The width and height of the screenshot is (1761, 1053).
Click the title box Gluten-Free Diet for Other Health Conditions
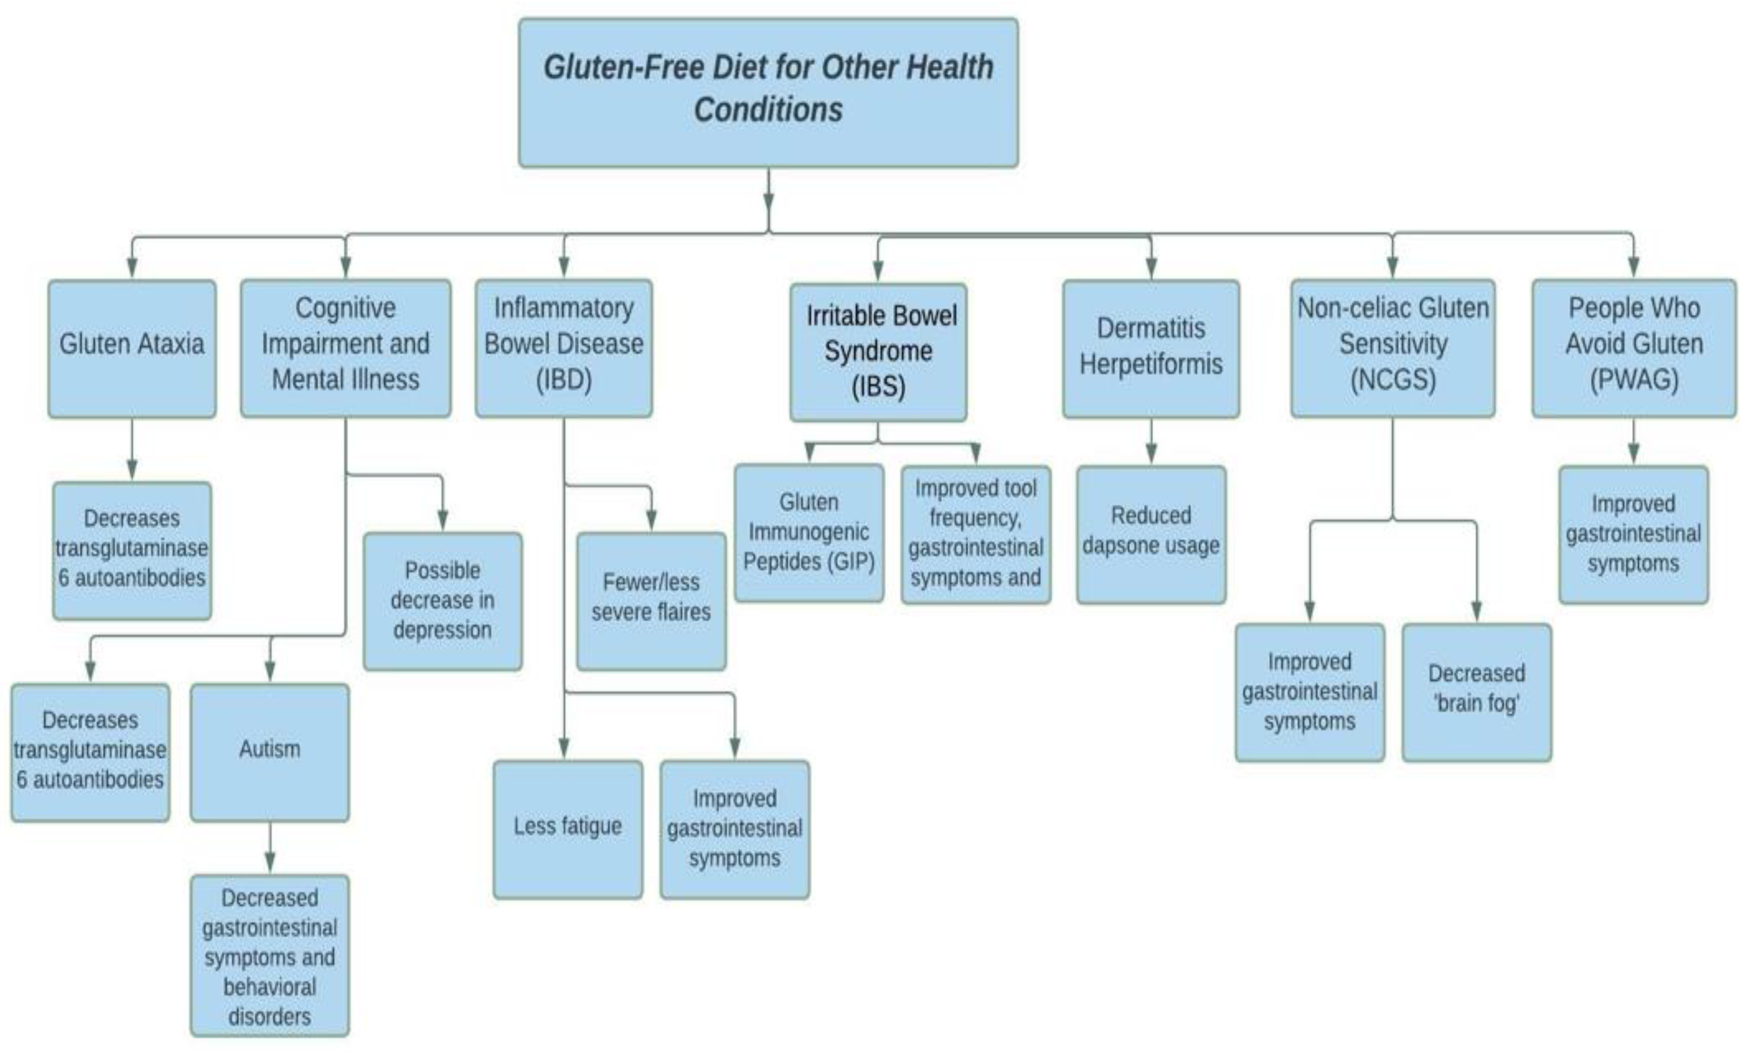click(768, 93)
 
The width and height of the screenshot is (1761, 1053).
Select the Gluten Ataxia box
click(132, 349)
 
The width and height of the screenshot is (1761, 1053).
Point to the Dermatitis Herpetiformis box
click(1151, 349)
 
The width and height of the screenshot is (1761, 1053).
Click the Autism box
click(269, 752)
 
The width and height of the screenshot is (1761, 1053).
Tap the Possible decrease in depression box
click(443, 601)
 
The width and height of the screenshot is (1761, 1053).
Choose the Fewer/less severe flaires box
click(651, 601)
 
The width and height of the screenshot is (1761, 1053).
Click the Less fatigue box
click(568, 829)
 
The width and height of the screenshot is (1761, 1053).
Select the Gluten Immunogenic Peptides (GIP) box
click(809, 533)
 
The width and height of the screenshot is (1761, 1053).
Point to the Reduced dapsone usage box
click(1151, 534)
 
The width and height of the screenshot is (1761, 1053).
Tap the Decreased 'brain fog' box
click(1477, 692)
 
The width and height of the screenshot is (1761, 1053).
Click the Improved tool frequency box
click(976, 534)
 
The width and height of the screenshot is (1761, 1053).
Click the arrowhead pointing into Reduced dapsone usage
click(1151, 454)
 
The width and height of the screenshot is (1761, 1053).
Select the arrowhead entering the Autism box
click(269, 671)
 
